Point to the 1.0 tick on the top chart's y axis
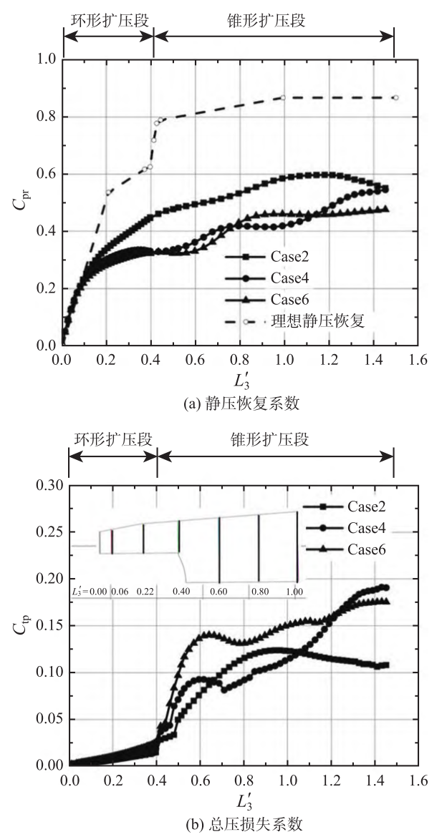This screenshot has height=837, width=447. (x=47, y=60)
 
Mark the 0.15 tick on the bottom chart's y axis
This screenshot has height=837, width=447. (x=50, y=626)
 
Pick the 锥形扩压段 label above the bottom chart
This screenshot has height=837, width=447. (x=274, y=440)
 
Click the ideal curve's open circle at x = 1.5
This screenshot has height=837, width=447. (x=395, y=97)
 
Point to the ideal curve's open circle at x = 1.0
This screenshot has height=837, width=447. (x=284, y=97)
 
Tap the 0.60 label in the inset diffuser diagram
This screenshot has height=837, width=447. (x=218, y=591)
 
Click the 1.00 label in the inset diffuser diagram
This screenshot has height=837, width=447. (x=294, y=591)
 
